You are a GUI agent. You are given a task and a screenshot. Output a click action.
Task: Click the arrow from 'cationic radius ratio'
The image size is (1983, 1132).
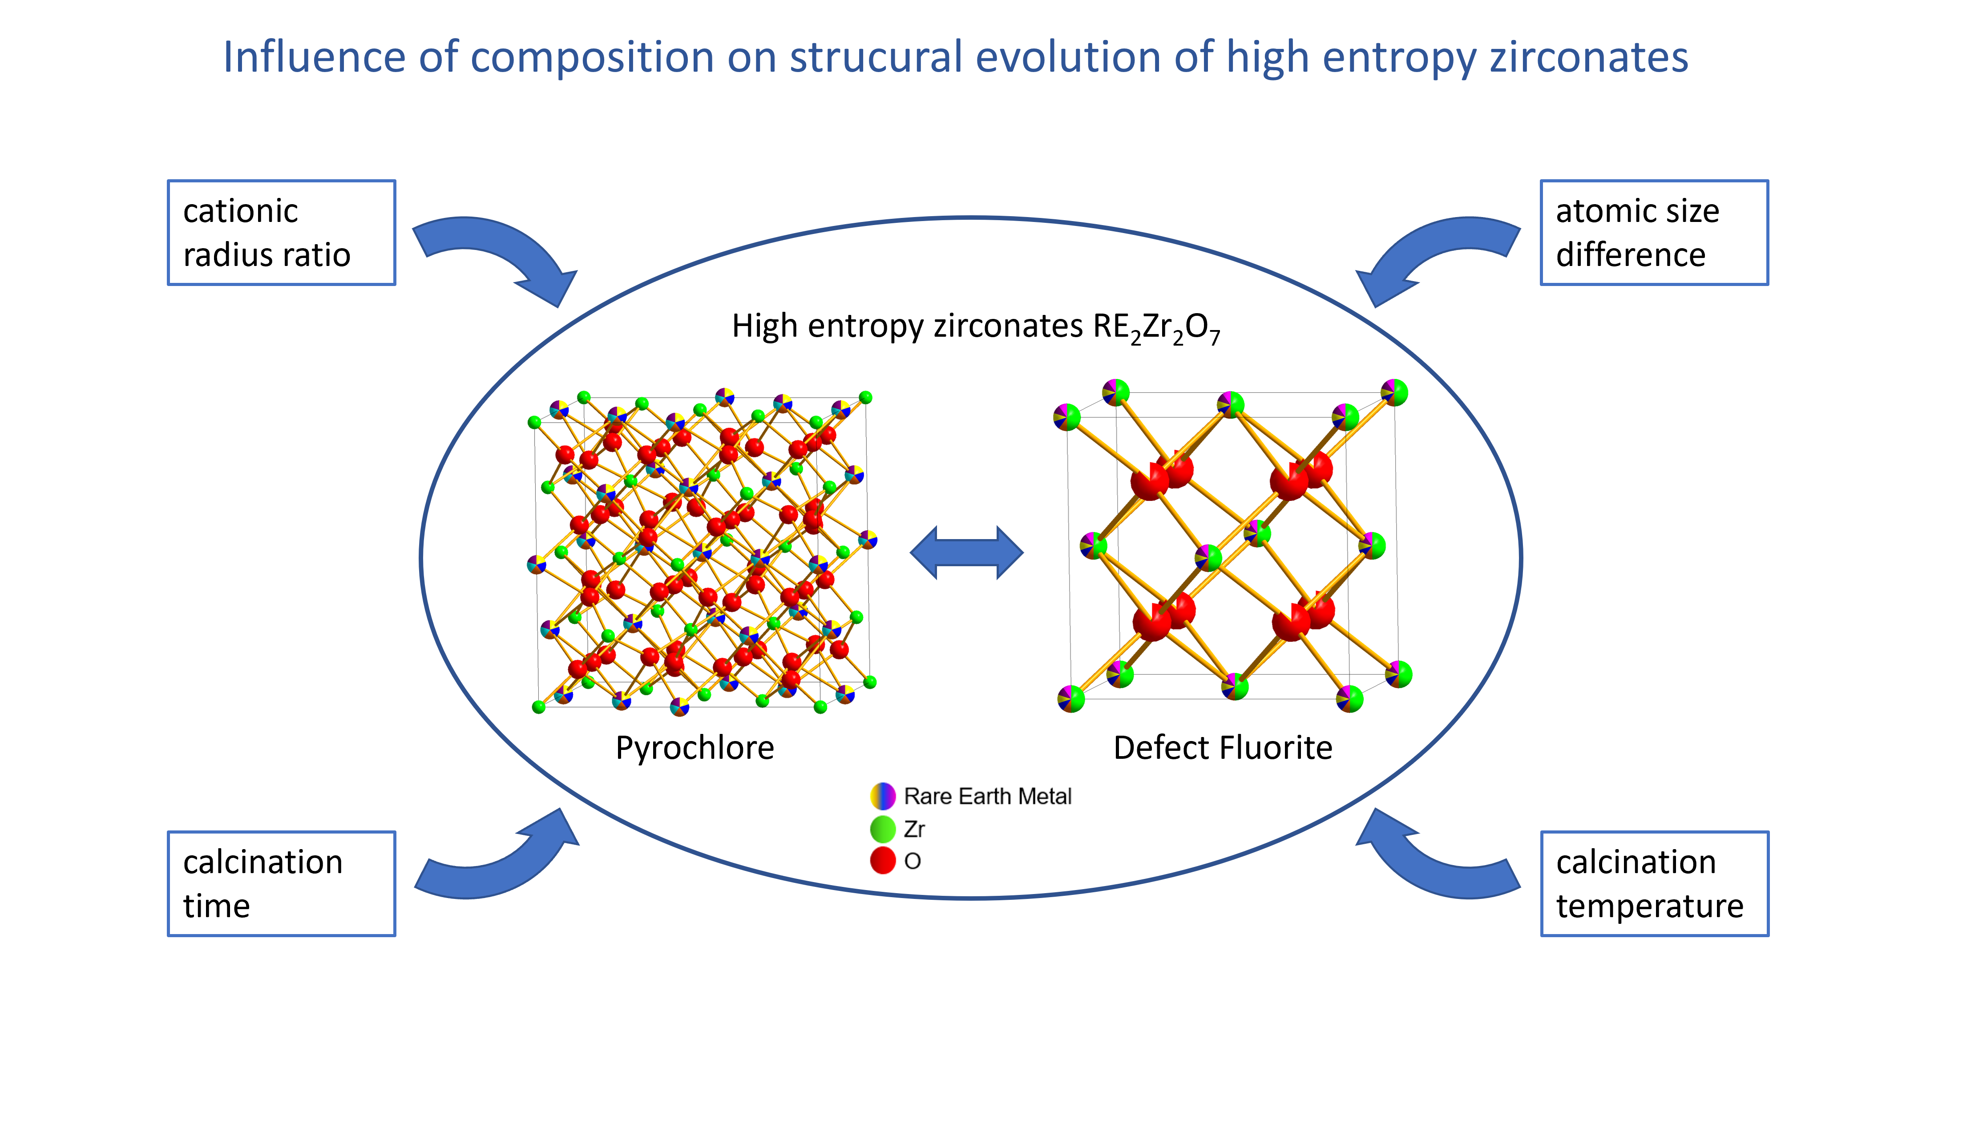[x=498, y=249]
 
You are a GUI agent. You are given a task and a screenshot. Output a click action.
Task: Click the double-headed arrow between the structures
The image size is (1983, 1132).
[x=967, y=553]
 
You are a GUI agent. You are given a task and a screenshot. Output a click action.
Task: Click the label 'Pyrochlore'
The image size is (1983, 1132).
[x=695, y=748]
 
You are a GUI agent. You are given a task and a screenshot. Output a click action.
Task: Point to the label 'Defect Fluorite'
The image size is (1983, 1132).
[x=1223, y=748]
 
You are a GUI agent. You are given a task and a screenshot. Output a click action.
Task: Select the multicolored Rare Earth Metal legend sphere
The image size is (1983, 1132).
[x=883, y=796]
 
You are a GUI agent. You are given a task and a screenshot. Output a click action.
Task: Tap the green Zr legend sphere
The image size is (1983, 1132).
[x=883, y=829]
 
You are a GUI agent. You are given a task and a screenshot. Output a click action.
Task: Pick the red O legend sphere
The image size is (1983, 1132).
[x=883, y=861]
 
